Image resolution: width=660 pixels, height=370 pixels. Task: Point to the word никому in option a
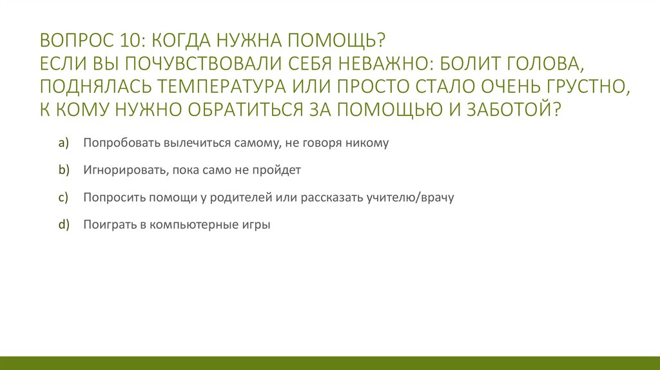369,143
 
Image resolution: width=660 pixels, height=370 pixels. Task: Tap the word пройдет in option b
281,171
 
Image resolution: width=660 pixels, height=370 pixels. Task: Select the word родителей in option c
244,198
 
